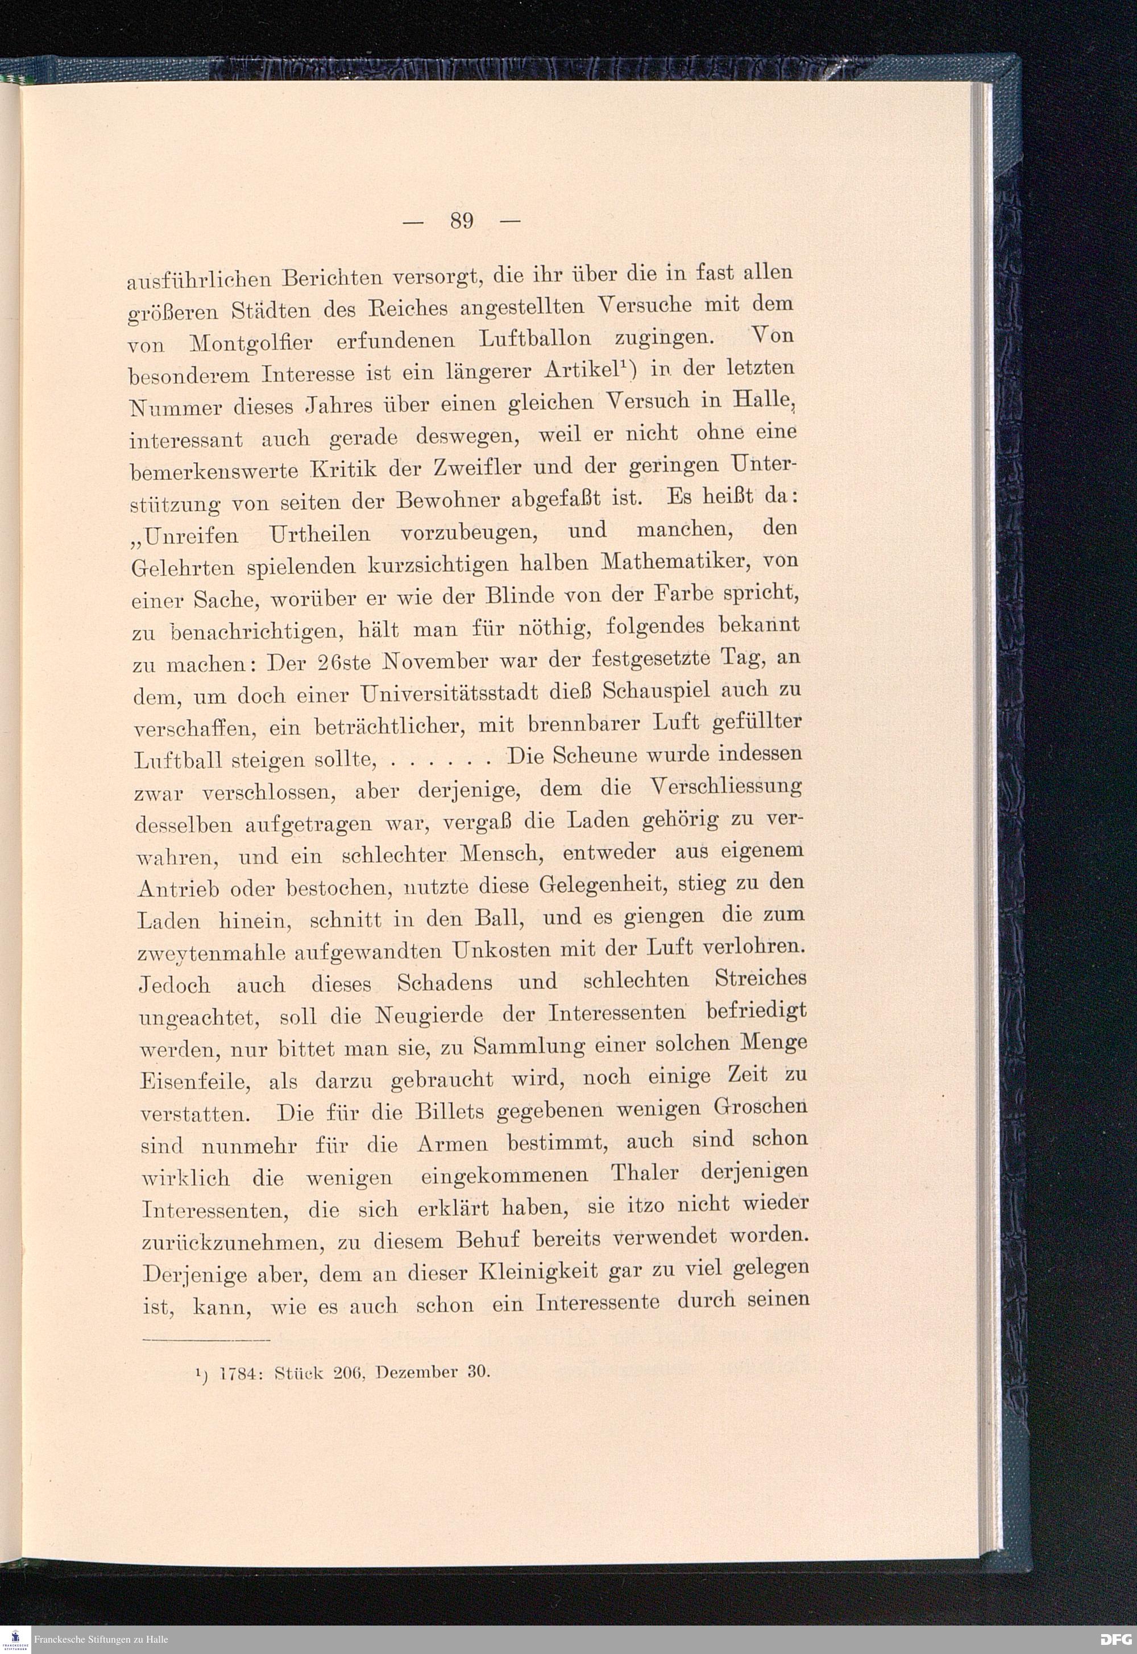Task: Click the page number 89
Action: (x=462, y=221)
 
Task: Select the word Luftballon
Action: (x=535, y=338)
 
